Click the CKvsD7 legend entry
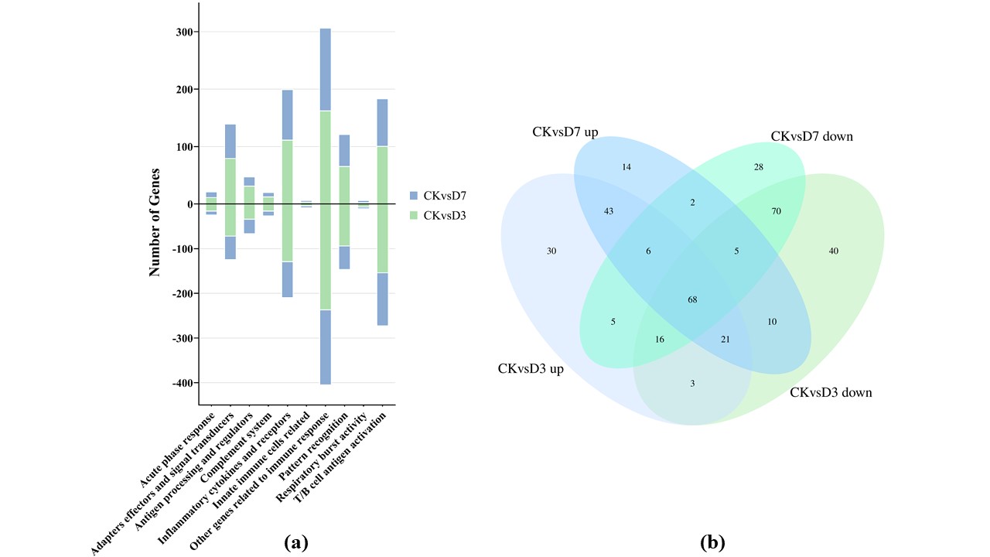point(438,195)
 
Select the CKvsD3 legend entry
point(438,215)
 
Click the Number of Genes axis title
point(155,222)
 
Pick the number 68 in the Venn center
point(692,299)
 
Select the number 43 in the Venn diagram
point(609,211)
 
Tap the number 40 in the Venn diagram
point(833,251)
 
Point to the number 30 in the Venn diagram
point(551,251)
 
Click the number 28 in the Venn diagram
point(759,167)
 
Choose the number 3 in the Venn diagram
point(692,384)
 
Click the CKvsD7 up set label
point(565,132)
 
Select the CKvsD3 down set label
point(831,392)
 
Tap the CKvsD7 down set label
point(811,136)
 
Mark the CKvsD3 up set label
point(531,368)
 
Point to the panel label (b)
point(712,542)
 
